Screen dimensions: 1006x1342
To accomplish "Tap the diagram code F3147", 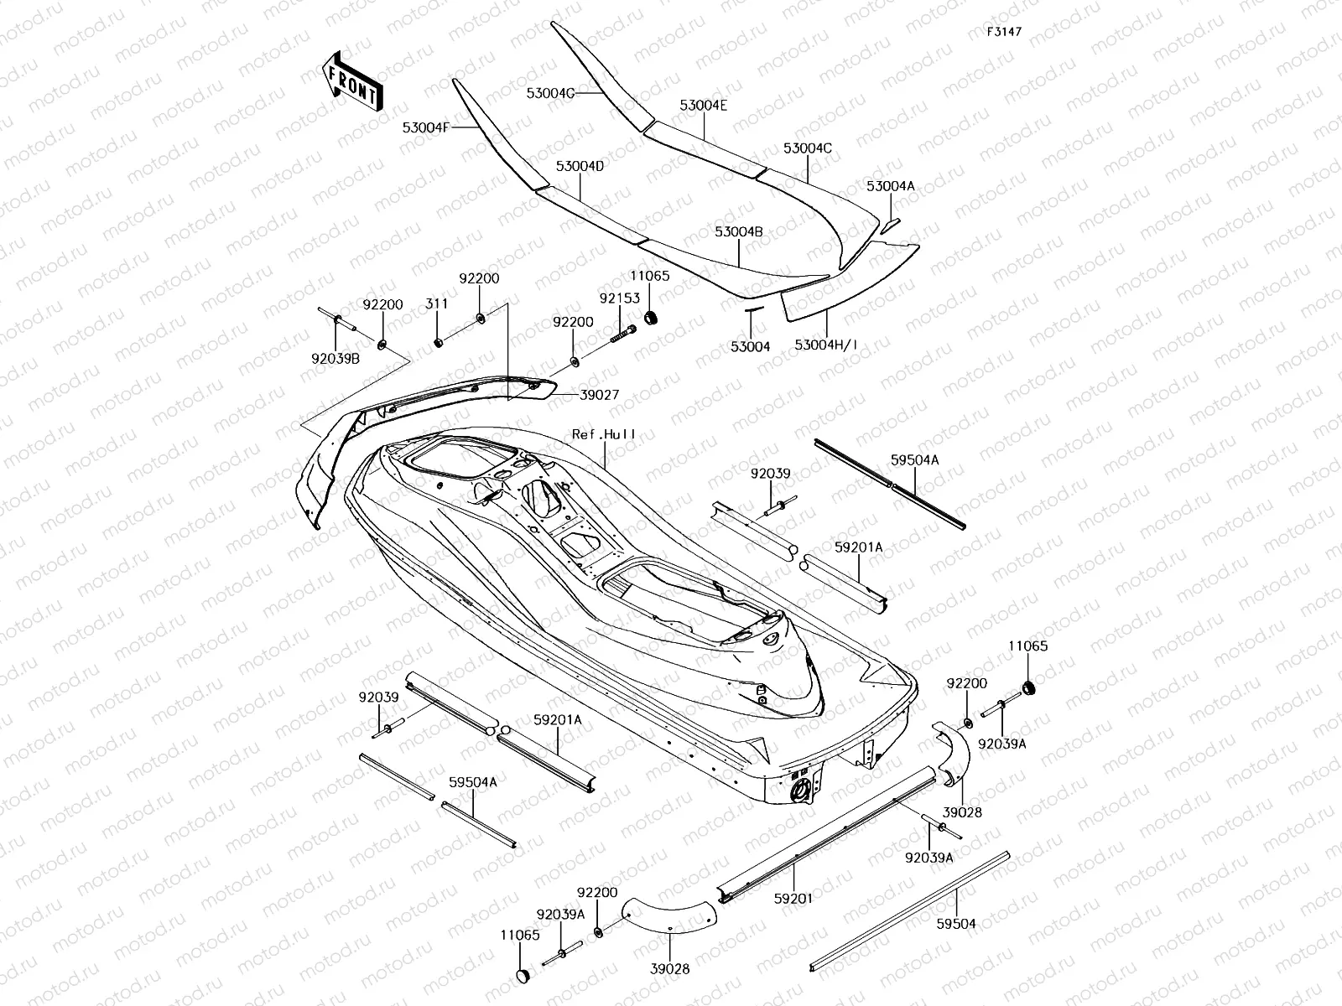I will (1004, 32).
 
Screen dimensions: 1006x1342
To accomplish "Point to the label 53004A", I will (891, 186).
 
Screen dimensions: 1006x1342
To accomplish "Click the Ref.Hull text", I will (604, 434).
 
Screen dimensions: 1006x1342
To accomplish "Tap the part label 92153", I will (620, 298).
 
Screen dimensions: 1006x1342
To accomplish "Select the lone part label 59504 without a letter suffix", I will (956, 924).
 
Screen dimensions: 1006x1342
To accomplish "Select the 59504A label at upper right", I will (914, 460).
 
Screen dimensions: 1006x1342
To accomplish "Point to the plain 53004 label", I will (750, 346).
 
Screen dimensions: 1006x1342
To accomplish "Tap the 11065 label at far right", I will (1027, 646).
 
